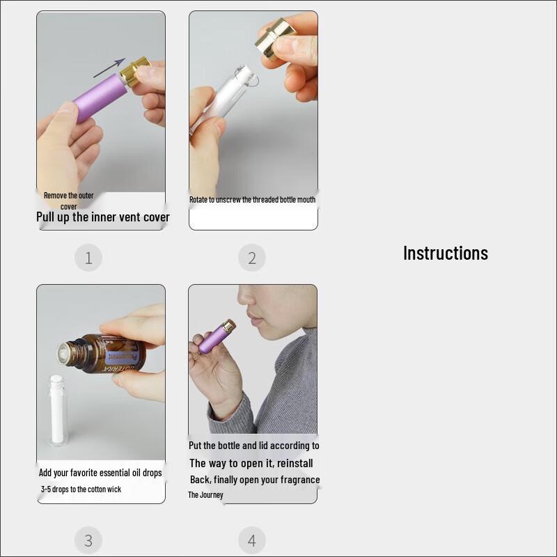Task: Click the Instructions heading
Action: coord(446,253)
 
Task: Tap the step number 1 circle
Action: coord(88,258)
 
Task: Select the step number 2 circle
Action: coord(252,258)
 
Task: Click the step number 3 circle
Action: coord(88,540)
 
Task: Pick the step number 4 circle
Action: coord(252,540)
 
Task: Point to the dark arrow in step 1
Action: coord(109,68)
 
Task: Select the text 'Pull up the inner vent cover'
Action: coord(103,217)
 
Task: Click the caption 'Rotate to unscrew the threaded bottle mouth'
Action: coord(252,200)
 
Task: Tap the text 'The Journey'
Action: coord(205,495)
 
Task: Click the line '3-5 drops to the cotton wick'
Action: coord(81,489)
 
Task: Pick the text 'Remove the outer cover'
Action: coord(68,201)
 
